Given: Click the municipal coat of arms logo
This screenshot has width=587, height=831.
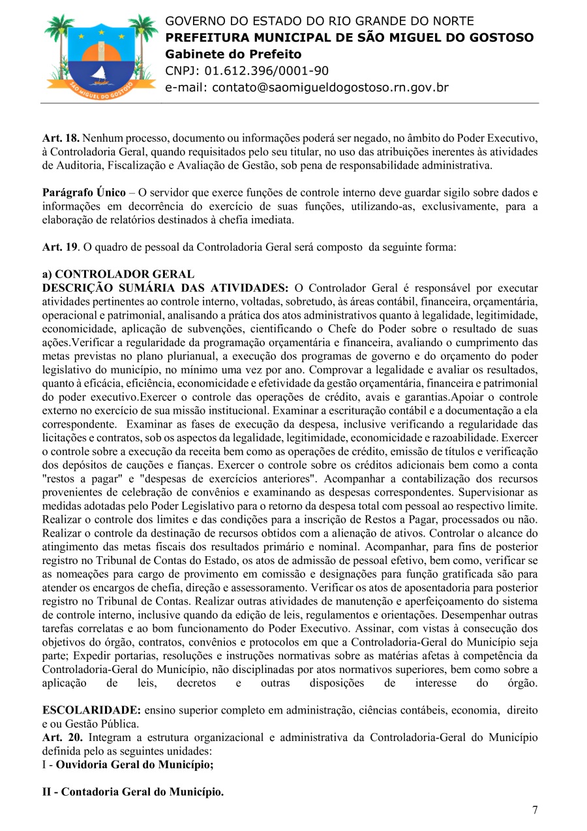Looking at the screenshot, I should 100,55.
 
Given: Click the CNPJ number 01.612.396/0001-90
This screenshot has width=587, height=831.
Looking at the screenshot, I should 267,71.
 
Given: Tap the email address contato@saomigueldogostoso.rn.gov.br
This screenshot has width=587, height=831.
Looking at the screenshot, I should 307,87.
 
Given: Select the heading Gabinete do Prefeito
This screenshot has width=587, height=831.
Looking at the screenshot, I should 233,54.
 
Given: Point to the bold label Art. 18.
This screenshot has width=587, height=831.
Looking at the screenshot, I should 61,138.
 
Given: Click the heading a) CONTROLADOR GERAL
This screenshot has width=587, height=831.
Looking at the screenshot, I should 118,274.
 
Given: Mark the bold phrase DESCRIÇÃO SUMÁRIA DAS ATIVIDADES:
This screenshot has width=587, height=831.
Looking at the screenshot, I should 165,287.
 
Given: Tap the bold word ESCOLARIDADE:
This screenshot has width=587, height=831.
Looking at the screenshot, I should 91,709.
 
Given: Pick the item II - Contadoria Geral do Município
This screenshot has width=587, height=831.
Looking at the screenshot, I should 132,792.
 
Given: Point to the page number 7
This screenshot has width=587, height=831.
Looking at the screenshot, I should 535,810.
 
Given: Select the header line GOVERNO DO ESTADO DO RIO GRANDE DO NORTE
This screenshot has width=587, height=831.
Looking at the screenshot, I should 320,22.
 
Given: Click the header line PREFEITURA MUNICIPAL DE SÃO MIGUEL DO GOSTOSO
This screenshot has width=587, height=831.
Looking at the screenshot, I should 349,38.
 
